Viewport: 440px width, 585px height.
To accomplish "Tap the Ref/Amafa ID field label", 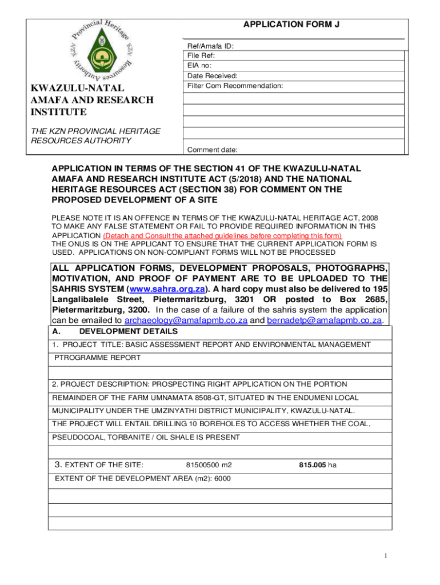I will (210, 46).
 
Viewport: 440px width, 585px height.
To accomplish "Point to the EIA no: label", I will (199, 66).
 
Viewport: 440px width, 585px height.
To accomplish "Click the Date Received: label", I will (213, 75).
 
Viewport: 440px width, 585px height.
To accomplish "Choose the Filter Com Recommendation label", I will (235, 86).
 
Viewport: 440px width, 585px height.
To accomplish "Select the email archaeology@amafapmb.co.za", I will (186, 320).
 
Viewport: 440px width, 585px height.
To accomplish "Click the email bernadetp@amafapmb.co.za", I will (324, 320).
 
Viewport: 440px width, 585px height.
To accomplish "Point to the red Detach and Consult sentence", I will (222, 236).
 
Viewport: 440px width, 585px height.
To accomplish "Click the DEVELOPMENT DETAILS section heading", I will (128, 331).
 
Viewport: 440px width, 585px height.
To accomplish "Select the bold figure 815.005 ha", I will (318, 465).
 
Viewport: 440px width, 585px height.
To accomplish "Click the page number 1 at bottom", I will (387, 556).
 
